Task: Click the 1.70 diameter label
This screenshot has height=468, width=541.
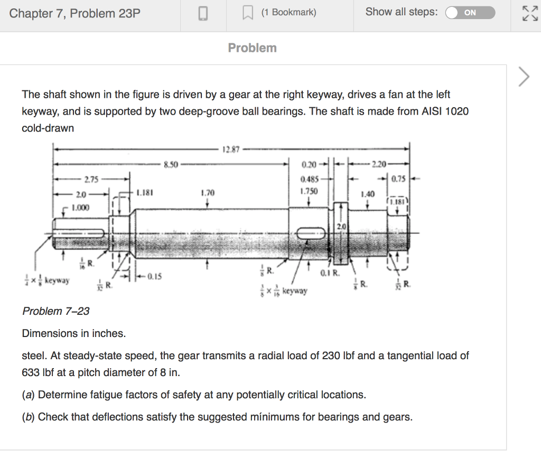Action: (x=208, y=194)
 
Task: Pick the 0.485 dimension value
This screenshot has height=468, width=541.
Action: (x=309, y=179)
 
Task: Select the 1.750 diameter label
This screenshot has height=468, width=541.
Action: (x=309, y=191)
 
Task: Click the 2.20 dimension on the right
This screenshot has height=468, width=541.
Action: (x=379, y=164)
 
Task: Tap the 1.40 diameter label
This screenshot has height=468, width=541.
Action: (x=367, y=194)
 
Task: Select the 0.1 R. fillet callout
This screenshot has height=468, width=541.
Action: (x=329, y=274)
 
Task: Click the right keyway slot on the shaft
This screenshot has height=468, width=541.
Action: (x=311, y=232)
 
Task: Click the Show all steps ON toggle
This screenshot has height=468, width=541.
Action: (x=470, y=13)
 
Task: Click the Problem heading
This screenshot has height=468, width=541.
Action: (x=252, y=48)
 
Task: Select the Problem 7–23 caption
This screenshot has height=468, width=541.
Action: (x=56, y=311)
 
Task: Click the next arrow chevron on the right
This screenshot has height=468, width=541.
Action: (x=523, y=77)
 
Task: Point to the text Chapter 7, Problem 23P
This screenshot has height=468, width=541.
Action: (x=75, y=13)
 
